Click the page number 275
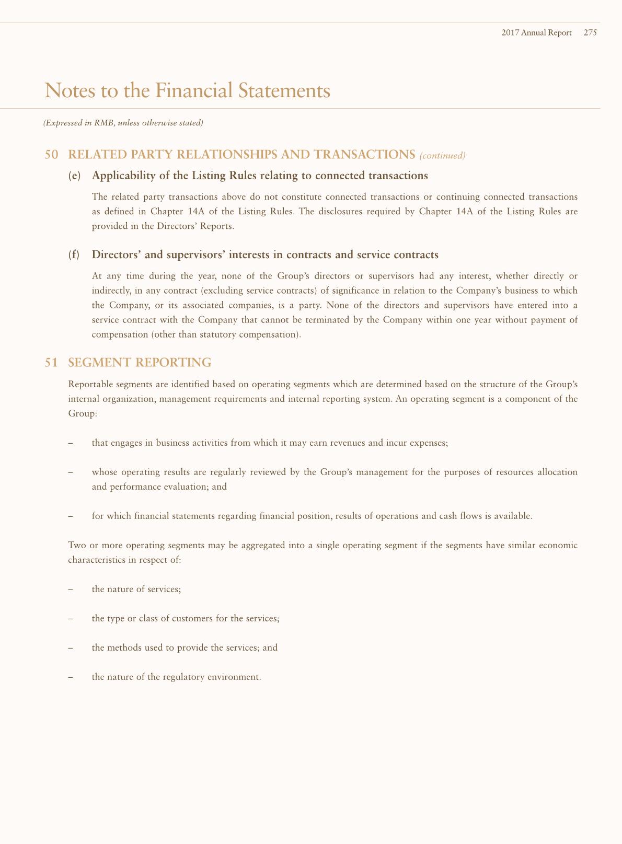(590, 32)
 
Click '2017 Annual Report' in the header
(536, 32)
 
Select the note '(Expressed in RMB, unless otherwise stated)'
(123, 123)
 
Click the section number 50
(51, 155)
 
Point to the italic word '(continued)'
(442, 155)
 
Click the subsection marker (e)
(75, 176)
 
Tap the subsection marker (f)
(74, 255)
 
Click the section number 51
(51, 362)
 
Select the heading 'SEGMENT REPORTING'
(140, 362)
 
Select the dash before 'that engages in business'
(71, 443)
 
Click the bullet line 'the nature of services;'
(136, 589)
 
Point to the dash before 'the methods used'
(71, 648)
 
